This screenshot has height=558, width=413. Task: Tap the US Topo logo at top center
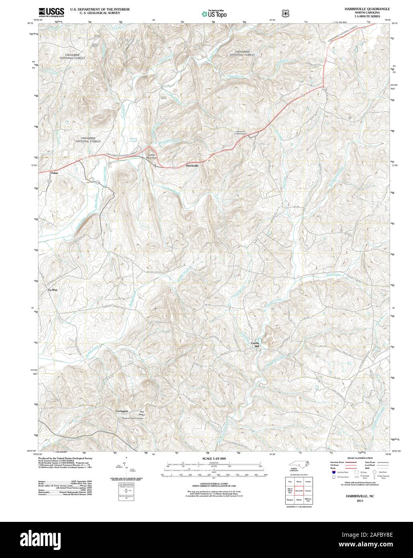[214, 13]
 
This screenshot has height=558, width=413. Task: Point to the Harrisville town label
[192, 165]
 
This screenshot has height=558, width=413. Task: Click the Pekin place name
[54, 173]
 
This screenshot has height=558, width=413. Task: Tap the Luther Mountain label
[151, 157]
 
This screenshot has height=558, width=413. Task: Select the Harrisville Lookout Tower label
[240, 133]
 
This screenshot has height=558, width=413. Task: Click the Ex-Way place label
[53, 289]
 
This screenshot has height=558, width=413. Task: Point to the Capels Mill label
[255, 344]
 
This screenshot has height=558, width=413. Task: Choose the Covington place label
[122, 411]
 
